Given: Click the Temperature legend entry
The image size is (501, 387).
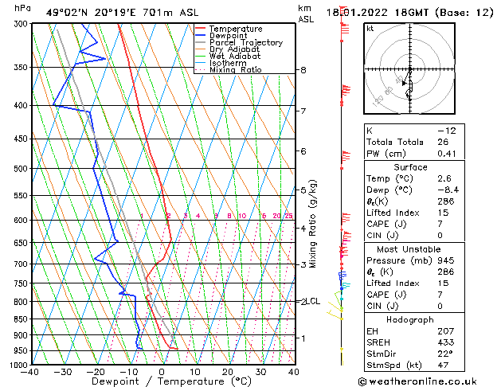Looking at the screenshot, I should (237, 29).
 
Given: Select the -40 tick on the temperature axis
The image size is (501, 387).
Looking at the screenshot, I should (31, 372).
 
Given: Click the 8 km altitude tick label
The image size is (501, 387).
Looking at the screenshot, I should (303, 70).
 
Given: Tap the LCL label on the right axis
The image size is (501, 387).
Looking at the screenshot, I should (312, 302).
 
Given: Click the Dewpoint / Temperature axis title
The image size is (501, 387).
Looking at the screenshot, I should (161, 381).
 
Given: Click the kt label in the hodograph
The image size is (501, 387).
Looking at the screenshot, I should (370, 29).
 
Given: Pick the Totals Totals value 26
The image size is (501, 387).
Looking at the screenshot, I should (441, 142).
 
